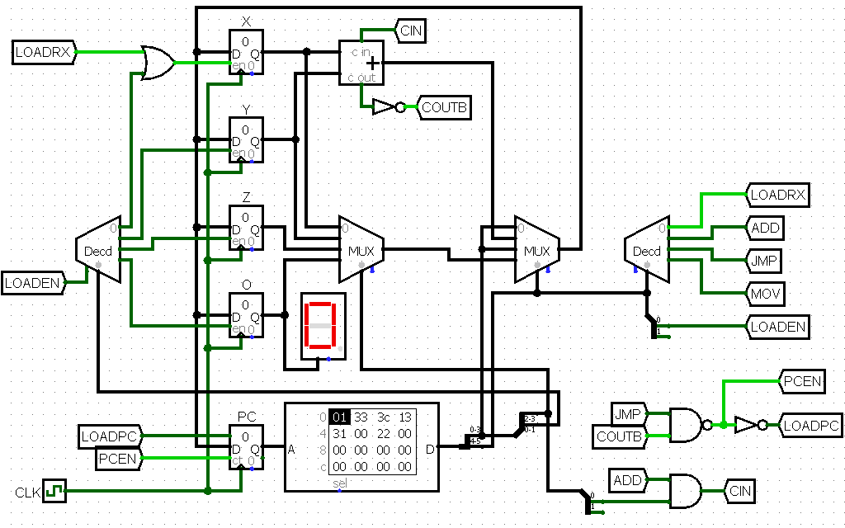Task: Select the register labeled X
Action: [247, 52]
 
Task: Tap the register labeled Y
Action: [247, 139]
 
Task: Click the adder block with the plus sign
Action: [361, 64]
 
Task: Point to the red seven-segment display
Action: [320, 327]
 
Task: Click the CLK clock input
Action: [54, 491]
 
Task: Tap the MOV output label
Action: [765, 294]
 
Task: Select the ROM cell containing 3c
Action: [383, 417]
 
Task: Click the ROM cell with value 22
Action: [383, 433]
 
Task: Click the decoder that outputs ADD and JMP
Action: [647, 250]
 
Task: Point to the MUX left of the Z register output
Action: [360, 249]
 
